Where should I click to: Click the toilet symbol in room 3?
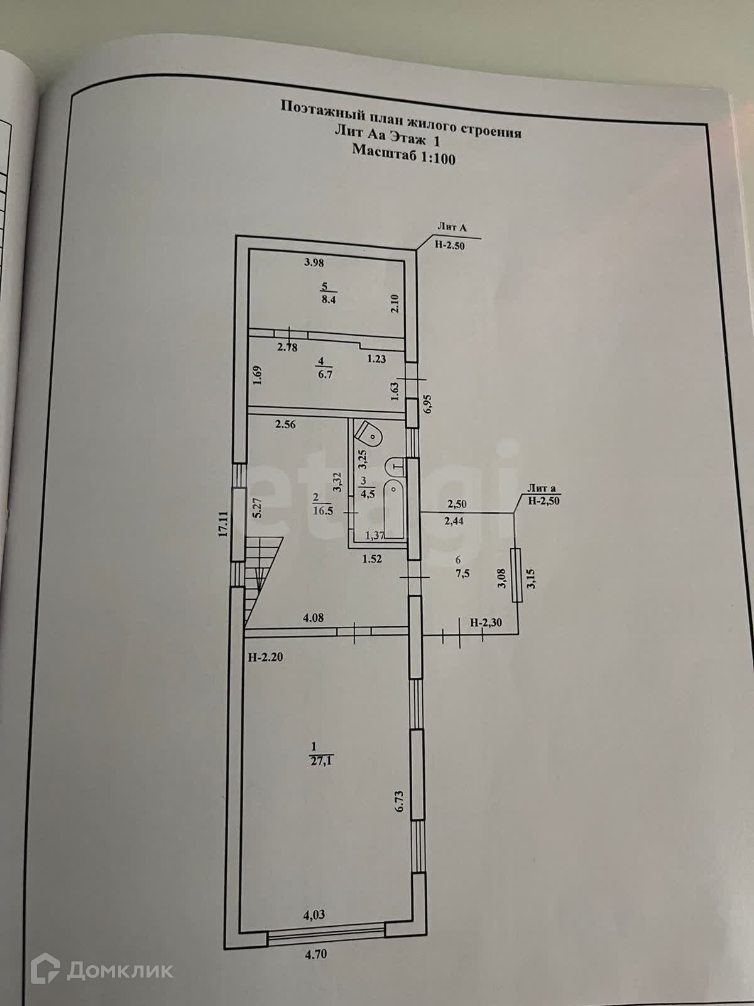(x=369, y=434)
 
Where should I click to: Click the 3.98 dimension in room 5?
(x=314, y=263)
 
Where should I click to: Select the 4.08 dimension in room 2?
(x=313, y=618)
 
